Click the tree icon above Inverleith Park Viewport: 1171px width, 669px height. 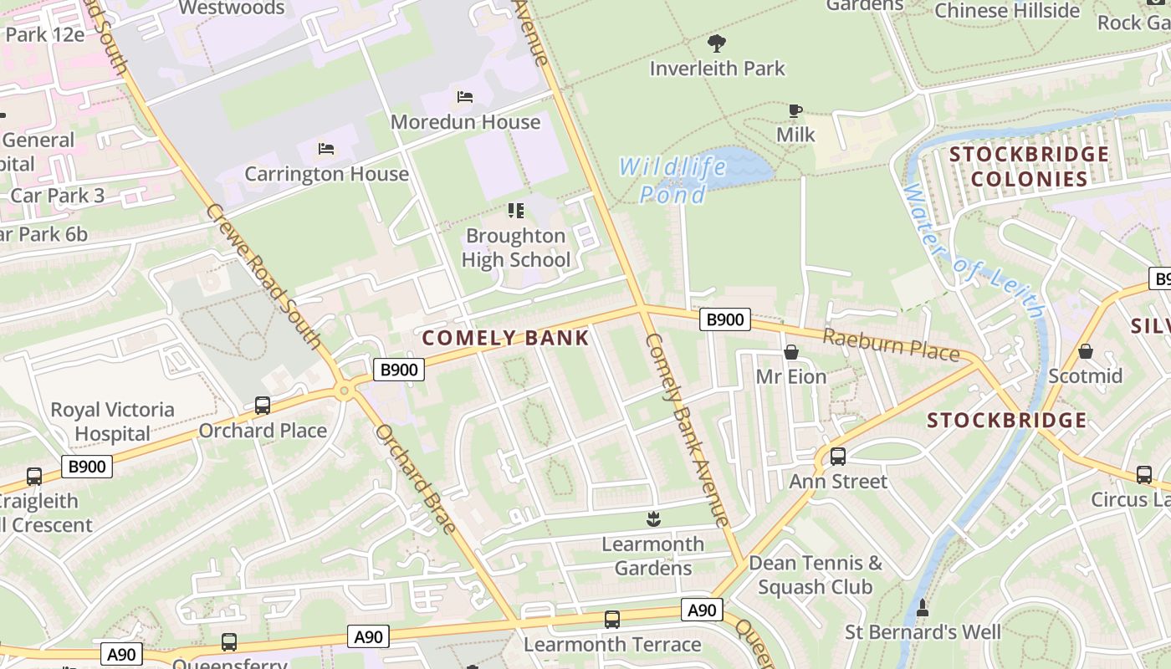pos(717,43)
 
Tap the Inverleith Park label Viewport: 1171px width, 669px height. pos(718,68)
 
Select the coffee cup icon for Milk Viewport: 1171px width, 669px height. pos(795,110)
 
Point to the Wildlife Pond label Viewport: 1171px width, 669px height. pos(672,180)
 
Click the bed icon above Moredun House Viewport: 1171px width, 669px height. pos(465,97)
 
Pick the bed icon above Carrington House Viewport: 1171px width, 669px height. pos(326,149)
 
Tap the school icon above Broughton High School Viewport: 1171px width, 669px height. pos(516,211)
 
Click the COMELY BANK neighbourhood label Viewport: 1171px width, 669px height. pos(506,338)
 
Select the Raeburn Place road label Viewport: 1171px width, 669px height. pos(891,345)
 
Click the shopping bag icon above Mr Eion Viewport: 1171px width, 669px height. pos(790,352)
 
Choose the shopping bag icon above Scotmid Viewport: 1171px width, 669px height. pos(1085,351)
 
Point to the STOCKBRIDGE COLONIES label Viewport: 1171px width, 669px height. pos(1029,166)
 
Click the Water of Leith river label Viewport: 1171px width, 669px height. pos(974,251)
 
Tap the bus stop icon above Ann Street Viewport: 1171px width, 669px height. pos(837,457)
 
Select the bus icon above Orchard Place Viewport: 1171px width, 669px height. pos(263,406)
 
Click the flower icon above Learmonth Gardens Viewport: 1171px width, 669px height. pos(654,519)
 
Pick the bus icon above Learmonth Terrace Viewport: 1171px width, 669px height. pos(612,620)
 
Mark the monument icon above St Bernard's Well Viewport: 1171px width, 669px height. pos(923,607)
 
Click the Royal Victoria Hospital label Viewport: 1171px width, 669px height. pos(112,421)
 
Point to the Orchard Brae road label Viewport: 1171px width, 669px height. pos(415,479)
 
